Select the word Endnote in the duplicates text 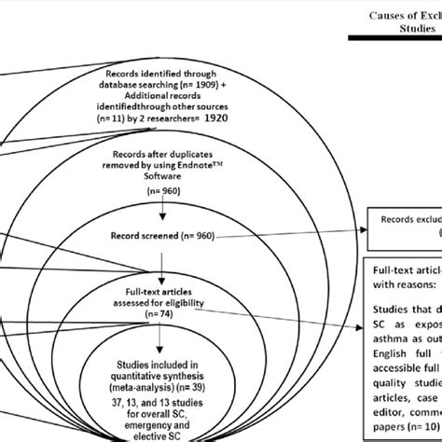[x=216, y=169]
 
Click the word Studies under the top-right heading [x=406, y=30]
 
